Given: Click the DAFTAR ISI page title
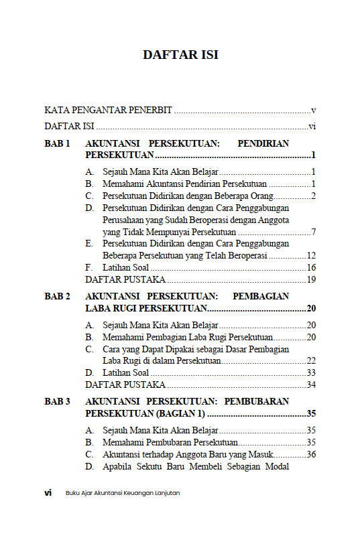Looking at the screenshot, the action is (180, 55).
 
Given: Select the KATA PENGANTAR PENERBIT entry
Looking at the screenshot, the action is (108, 110).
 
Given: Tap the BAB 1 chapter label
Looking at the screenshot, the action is (57, 144).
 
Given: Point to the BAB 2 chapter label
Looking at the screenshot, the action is (57, 296).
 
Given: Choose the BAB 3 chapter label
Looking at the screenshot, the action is (57, 402).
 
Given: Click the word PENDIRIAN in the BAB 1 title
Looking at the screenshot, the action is (263, 144).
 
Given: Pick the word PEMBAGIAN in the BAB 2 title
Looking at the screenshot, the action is (261, 296).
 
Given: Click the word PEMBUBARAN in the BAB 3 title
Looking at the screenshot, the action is (257, 402).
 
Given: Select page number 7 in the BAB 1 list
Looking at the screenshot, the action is (313, 232).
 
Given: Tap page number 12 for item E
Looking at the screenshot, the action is (311, 256).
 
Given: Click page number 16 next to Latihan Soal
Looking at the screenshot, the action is (311, 268).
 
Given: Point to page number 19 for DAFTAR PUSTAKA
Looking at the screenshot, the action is (311, 280).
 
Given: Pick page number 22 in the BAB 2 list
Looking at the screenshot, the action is (311, 360).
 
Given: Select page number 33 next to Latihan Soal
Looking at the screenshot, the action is (311, 372).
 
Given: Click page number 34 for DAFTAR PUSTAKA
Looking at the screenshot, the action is (311, 384).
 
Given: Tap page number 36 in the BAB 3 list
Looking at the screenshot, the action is (311, 455).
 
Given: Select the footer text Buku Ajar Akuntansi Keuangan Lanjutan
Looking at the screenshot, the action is (122, 493).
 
